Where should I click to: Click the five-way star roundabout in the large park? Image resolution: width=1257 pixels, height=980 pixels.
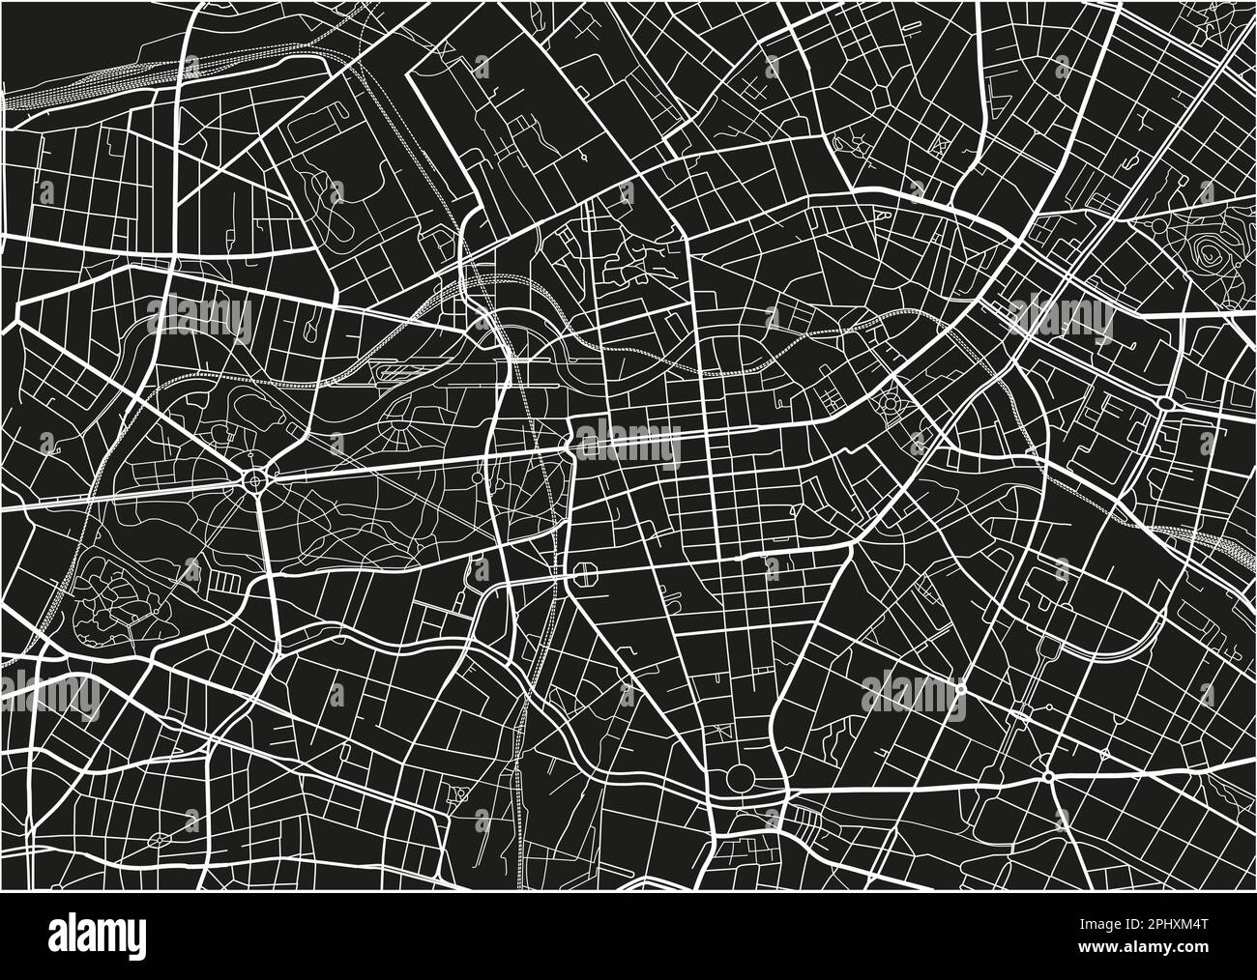(255, 477)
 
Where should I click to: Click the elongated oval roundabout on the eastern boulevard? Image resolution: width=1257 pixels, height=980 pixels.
(1166, 402)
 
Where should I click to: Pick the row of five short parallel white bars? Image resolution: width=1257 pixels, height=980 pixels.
(223, 582)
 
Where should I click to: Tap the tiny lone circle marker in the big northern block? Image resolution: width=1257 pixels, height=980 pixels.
(586, 155)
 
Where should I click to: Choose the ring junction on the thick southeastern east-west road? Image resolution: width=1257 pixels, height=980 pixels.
(1049, 776)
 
